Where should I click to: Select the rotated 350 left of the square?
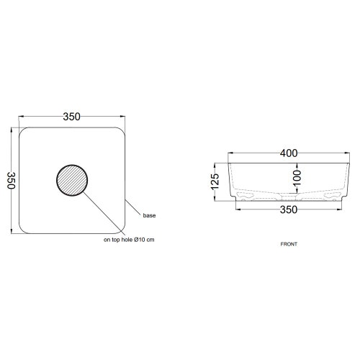click(x=11, y=180)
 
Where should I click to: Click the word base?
click(x=149, y=215)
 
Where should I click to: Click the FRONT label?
click(x=288, y=244)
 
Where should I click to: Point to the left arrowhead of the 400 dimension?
click(x=231, y=155)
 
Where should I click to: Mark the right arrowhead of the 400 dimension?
click(x=346, y=155)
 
